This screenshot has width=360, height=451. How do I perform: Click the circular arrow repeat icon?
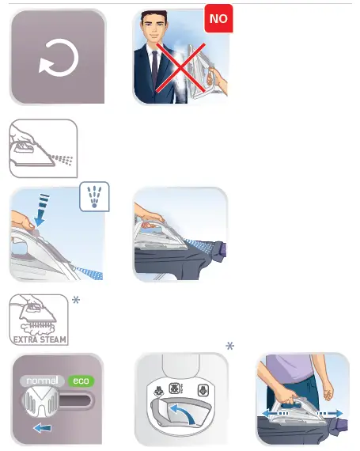(x=57, y=57)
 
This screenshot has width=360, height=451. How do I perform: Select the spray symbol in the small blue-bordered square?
(x=94, y=198)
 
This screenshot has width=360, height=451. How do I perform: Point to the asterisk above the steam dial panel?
(x=230, y=349)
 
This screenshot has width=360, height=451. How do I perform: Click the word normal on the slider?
(x=42, y=380)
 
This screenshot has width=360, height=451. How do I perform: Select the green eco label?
(x=80, y=381)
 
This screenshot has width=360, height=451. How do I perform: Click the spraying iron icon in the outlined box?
(x=43, y=149)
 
